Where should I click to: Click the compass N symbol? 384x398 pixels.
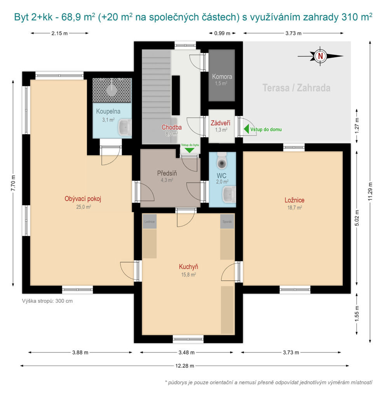[320, 56]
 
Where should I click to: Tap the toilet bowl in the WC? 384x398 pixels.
[222, 161]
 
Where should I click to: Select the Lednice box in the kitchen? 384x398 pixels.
[150, 221]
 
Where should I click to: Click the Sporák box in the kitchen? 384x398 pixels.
[227, 221]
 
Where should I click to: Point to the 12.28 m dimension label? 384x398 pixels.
[185, 366]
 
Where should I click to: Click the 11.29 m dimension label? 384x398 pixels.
[370, 192]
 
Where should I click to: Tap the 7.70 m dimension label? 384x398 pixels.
[13, 183]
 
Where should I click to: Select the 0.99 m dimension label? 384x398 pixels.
[222, 33]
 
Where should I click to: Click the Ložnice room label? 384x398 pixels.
[294, 200]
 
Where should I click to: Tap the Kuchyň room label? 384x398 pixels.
[189, 267]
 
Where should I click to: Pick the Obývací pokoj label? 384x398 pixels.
[83, 199]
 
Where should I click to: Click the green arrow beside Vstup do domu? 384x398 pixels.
[246, 129]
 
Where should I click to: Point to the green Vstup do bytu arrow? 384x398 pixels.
[189, 150]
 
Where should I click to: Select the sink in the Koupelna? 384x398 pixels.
[125, 127]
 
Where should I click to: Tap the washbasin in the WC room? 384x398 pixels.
[229, 194]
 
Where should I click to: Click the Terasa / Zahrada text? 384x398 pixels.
[296, 88]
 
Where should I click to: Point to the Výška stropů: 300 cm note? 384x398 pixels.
[47, 301]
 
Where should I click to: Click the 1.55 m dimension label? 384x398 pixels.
[357, 314]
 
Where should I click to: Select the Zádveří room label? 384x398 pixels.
[220, 123]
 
